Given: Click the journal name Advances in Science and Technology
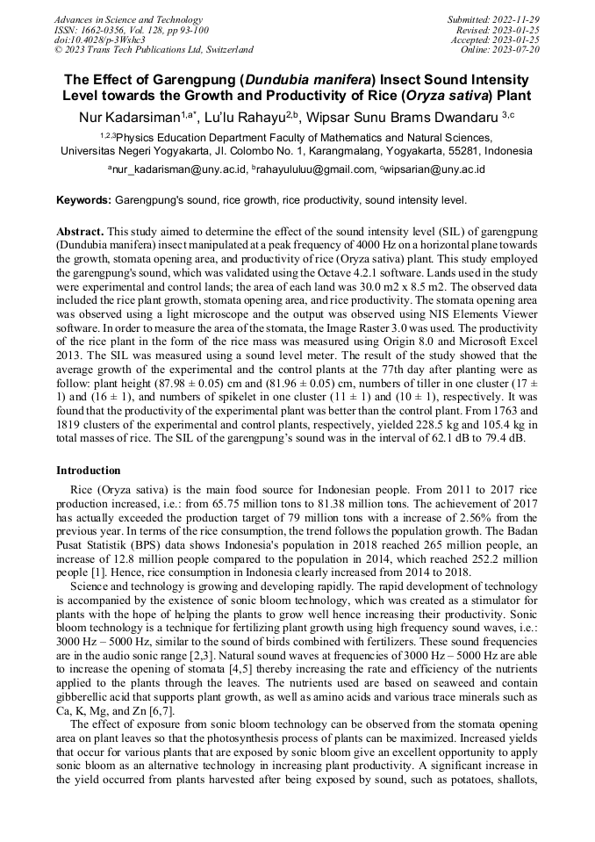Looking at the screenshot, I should point(128,19).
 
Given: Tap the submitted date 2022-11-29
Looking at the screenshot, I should point(517,19).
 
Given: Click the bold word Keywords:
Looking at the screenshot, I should point(84,200).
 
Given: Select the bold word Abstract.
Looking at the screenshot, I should point(80,231).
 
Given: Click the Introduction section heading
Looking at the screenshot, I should point(89,471).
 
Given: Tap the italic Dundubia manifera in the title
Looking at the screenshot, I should point(299,78).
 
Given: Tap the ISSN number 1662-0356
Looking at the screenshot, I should point(104,29).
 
